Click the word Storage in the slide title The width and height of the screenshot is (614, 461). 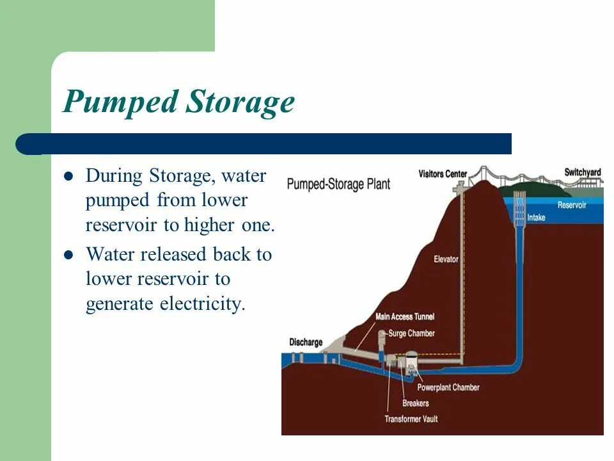(x=240, y=102)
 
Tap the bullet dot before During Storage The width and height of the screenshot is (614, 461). (x=70, y=176)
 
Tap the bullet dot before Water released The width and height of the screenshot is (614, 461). (x=70, y=255)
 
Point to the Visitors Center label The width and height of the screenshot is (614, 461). (x=443, y=174)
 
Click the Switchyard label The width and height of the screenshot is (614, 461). (x=583, y=172)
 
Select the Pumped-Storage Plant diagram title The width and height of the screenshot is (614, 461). (x=338, y=184)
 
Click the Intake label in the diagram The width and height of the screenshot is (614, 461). (x=536, y=218)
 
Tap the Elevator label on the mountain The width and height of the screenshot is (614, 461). (x=446, y=259)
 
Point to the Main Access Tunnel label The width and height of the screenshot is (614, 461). (x=405, y=316)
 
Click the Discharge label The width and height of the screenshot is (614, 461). (x=306, y=342)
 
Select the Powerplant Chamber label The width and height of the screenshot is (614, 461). (x=448, y=387)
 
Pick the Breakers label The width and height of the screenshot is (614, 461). (x=415, y=403)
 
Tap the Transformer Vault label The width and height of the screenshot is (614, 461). (x=411, y=419)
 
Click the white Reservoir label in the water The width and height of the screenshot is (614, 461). (x=572, y=205)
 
